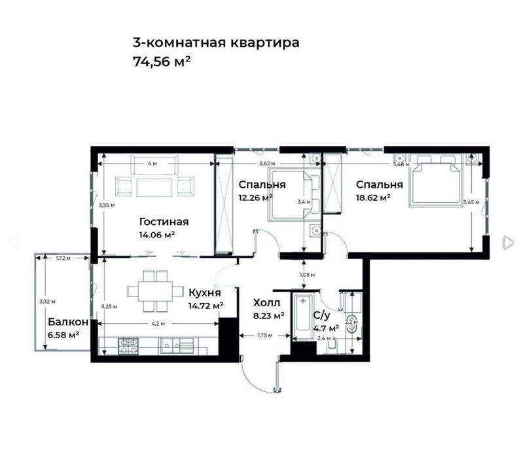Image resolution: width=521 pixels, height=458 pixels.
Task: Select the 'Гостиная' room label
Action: pos(164,221)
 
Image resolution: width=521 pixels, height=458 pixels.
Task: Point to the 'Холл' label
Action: pos(267,303)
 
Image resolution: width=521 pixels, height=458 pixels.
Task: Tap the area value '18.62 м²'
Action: pos(373,196)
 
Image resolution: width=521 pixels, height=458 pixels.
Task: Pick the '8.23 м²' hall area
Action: pos(269,315)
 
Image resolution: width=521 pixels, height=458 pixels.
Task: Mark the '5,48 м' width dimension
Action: pos(402,165)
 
